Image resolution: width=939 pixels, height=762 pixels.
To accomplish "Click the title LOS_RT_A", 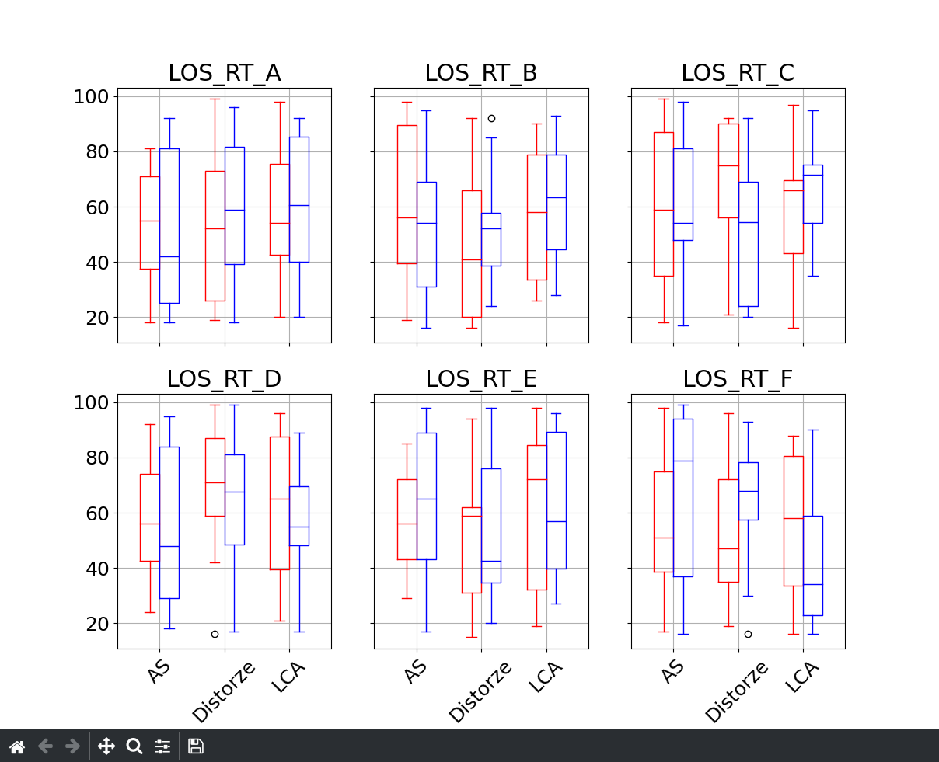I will pyautogui.click(x=224, y=73).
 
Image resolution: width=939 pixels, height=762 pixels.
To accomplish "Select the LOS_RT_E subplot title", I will pyautogui.click(x=480, y=379).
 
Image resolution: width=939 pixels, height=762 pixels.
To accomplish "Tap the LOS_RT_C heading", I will pyautogui.click(x=737, y=73).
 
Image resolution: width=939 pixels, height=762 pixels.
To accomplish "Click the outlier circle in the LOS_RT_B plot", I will pyautogui.click(x=491, y=118).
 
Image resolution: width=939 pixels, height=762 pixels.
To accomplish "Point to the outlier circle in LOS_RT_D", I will pyautogui.click(x=215, y=634).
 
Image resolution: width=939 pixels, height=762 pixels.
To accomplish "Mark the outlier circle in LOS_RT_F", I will pyautogui.click(x=748, y=634).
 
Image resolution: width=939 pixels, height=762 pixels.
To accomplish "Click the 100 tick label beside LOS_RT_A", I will pyautogui.click(x=90, y=97).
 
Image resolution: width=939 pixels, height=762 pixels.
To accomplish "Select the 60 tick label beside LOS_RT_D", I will pyautogui.click(x=96, y=513).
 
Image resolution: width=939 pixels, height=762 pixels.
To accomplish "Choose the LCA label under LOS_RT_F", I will pyautogui.click(x=802, y=677).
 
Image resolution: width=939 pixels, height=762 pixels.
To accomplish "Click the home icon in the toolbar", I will pyautogui.click(x=17, y=746).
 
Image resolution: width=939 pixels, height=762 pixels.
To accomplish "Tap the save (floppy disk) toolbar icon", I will pyautogui.click(x=196, y=746).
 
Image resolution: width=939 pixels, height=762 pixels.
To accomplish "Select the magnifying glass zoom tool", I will pyautogui.click(x=134, y=746).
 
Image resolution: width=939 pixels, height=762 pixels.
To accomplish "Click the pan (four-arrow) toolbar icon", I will pyautogui.click(x=106, y=746).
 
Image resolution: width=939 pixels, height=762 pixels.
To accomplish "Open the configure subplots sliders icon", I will pyautogui.click(x=162, y=746).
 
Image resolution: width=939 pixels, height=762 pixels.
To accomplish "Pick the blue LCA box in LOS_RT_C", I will pyautogui.click(x=812, y=194).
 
